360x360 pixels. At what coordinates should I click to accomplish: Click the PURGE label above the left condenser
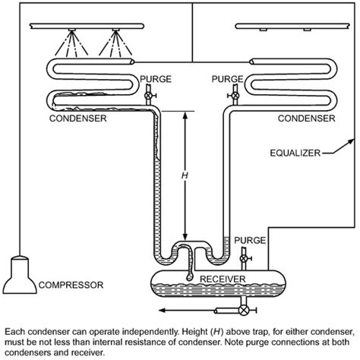coord(155,78)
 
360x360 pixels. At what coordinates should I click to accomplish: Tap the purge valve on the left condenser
coord(149,96)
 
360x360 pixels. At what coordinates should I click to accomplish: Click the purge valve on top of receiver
coord(243,258)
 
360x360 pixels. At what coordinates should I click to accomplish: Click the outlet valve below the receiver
coord(244,311)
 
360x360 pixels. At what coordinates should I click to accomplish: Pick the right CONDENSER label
coord(305,118)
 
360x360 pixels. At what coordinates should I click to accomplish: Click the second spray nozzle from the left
coord(118,36)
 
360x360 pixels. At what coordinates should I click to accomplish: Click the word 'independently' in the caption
coord(141,332)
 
